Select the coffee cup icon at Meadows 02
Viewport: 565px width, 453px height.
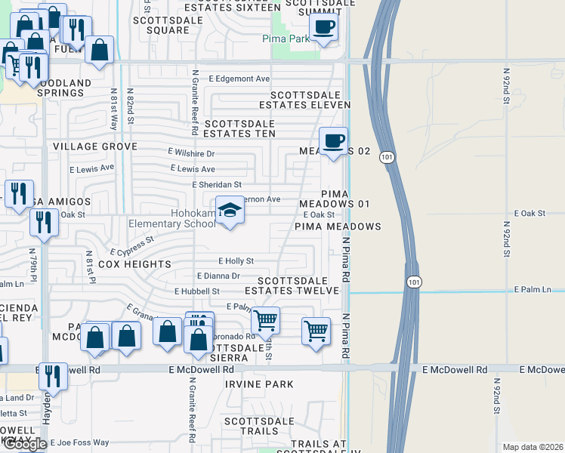[x=333, y=141]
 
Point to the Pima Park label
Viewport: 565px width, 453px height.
[x=286, y=39]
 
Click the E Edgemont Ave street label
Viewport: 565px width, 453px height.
[x=239, y=79]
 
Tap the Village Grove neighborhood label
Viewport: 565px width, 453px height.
[x=94, y=146]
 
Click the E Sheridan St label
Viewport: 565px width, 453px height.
[x=217, y=184]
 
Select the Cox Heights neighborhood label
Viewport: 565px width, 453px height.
[x=134, y=264]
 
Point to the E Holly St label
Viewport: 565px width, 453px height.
[x=236, y=260]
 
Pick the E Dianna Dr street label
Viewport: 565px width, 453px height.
[x=218, y=276]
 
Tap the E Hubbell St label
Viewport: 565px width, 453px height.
[x=196, y=291]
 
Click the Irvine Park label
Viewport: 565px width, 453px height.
[x=258, y=384]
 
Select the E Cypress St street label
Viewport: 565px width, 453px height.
[x=131, y=245]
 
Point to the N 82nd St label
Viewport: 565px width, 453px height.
[x=130, y=105]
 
